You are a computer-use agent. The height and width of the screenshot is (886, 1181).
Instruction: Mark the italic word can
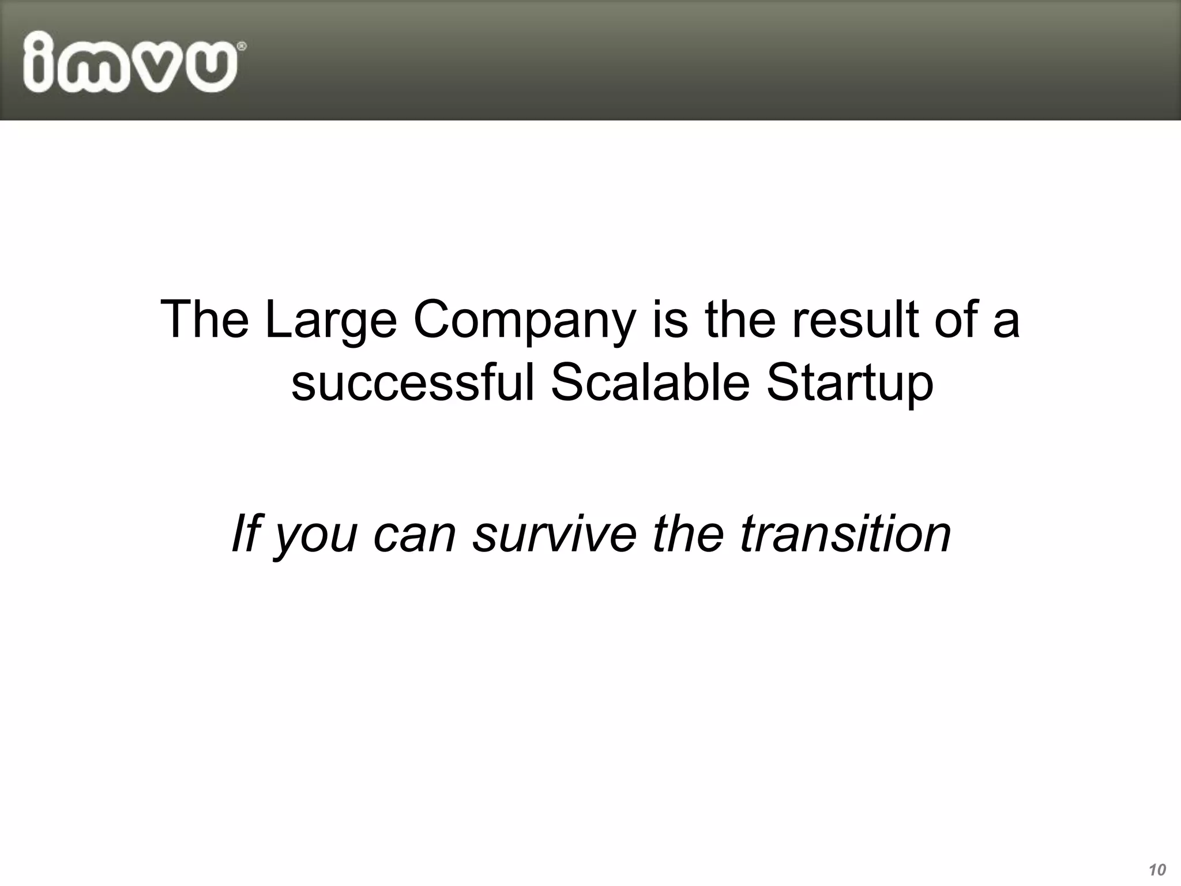[415, 535]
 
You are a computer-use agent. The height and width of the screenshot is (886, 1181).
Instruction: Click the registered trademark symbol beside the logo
[242, 46]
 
